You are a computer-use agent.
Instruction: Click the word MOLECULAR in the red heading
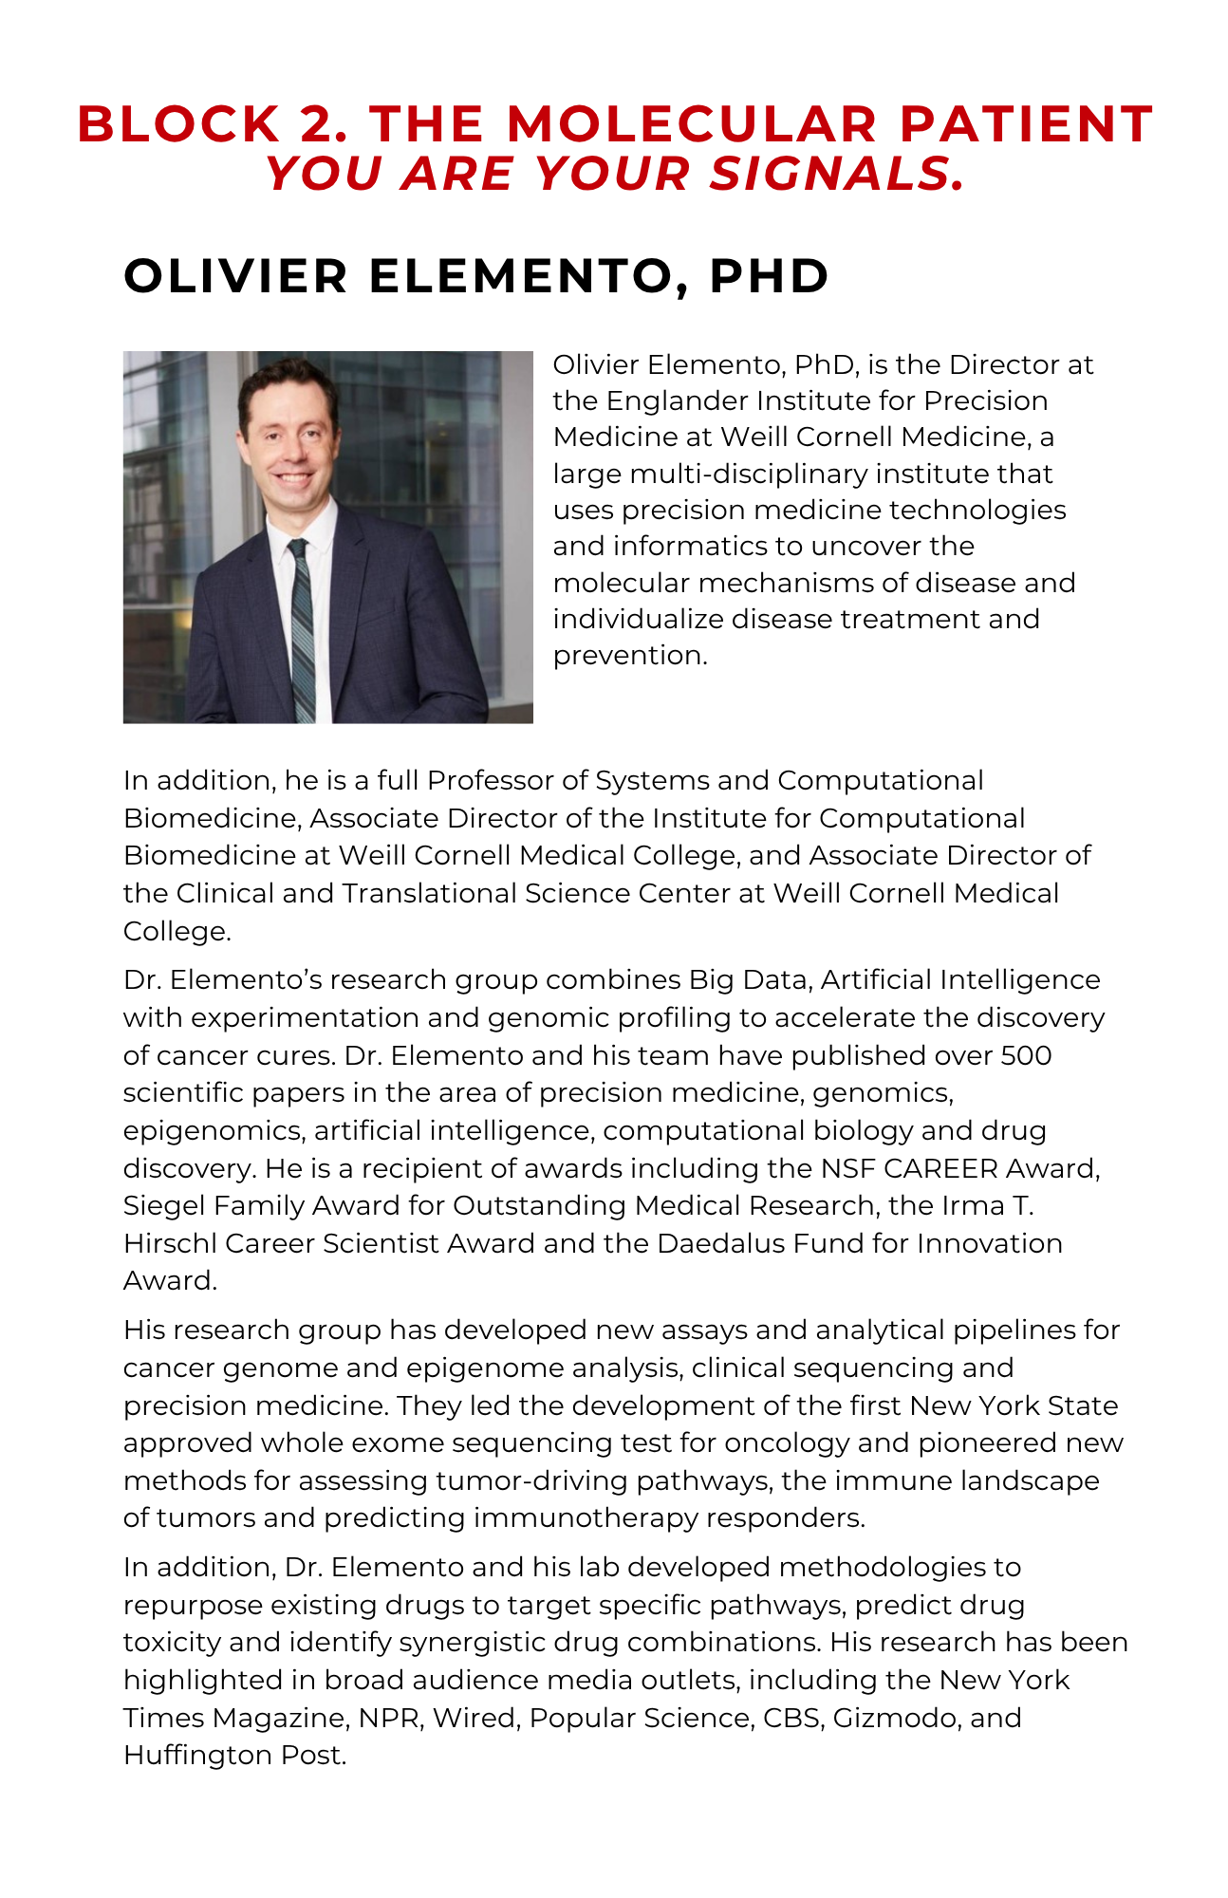click(692, 124)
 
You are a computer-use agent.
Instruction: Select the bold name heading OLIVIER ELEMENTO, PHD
click(476, 276)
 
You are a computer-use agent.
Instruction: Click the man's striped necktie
click(302, 626)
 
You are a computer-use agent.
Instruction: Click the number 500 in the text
click(1026, 1055)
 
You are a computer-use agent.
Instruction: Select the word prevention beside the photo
click(630, 655)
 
